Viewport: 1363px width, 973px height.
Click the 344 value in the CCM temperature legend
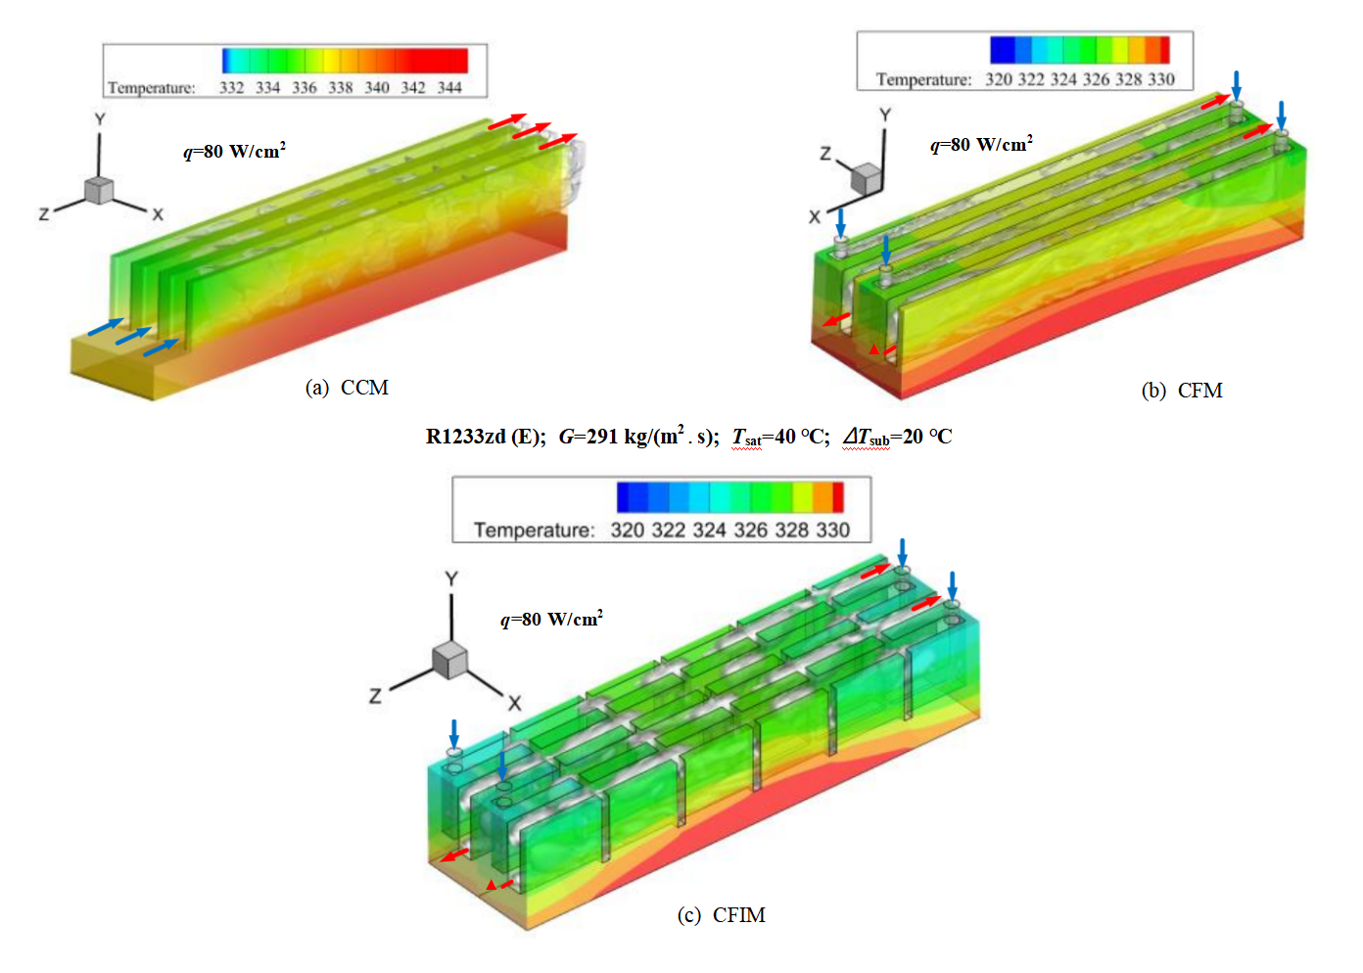449,87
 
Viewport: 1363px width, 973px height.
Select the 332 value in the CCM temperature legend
231,87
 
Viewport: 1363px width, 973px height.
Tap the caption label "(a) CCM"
347,388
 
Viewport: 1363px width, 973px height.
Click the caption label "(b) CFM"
1182,391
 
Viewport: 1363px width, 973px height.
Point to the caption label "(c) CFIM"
721,914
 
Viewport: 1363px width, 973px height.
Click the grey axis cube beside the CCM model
99,190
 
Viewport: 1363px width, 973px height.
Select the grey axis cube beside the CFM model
866,179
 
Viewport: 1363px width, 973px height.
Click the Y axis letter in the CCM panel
100,119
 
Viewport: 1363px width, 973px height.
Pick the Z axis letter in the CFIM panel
375,696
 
